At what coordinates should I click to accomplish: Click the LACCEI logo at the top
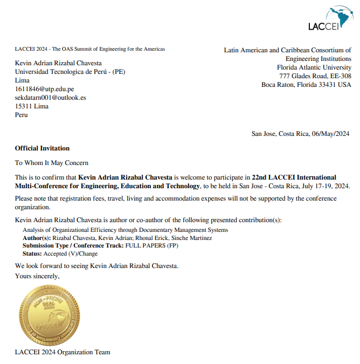tap(329, 19)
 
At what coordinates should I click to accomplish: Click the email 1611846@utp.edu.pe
tap(44, 89)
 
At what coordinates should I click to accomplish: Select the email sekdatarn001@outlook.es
tap(50, 98)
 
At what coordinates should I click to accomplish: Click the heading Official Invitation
tap(42, 148)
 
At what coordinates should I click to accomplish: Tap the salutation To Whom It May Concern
tap(51, 163)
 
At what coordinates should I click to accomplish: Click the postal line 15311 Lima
tap(31, 106)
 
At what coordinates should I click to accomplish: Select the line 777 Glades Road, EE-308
tap(315, 76)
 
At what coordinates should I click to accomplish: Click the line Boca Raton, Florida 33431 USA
tap(306, 85)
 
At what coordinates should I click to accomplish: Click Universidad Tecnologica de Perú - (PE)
tap(70, 72)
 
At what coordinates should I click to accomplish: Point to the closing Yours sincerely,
tap(37, 276)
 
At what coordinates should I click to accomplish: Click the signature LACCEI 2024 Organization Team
tap(63, 352)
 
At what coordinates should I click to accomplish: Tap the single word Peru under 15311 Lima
tap(21, 115)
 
